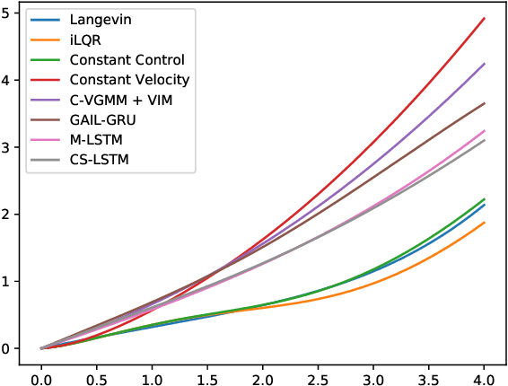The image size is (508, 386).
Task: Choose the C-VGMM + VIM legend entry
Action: [121, 100]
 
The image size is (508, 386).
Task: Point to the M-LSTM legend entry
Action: [95, 139]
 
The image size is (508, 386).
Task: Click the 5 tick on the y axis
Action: [9, 13]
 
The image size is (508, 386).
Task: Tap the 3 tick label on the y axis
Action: [9, 147]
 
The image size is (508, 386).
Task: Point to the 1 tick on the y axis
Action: [9, 281]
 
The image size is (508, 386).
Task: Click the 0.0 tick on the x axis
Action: [41, 370]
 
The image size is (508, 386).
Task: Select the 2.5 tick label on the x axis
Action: [319, 370]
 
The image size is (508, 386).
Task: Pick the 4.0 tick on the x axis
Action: [485, 370]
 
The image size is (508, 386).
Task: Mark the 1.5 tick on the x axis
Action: [207, 370]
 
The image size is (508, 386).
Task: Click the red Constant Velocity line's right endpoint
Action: [485, 18]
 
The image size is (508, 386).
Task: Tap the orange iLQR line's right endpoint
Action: [485, 223]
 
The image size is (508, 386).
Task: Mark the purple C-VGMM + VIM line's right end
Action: [485, 64]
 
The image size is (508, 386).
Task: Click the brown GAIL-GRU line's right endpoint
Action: [485, 103]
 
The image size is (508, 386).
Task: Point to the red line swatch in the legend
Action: [45, 80]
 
